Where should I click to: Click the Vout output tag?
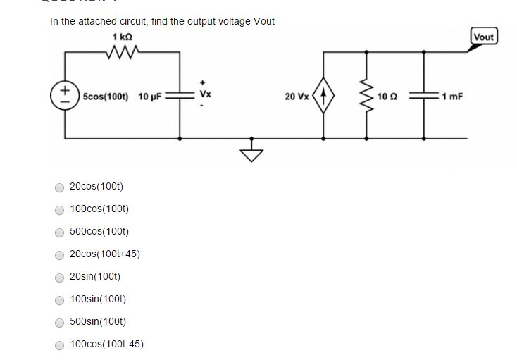(484, 37)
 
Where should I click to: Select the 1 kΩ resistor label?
(122, 36)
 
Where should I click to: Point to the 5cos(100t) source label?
(106, 95)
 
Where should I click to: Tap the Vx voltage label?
(204, 94)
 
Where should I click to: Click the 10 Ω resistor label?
(387, 95)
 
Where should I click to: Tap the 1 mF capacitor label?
(452, 95)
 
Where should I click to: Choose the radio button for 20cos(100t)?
(60, 187)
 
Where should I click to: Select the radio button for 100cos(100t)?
(60, 210)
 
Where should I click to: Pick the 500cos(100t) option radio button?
(60, 232)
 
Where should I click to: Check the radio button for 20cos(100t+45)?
(60, 255)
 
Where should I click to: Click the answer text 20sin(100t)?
(95, 276)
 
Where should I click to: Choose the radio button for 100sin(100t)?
(60, 300)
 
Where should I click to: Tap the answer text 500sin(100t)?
(98, 321)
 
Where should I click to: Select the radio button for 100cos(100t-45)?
(60, 345)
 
